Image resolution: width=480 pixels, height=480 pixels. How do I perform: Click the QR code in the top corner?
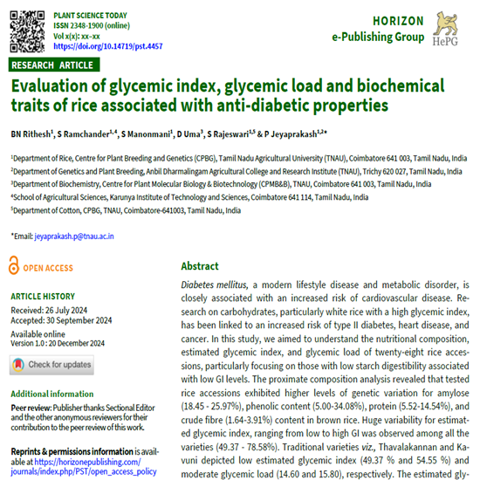click(x=26, y=30)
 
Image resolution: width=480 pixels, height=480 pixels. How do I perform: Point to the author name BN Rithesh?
click(x=30, y=134)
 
